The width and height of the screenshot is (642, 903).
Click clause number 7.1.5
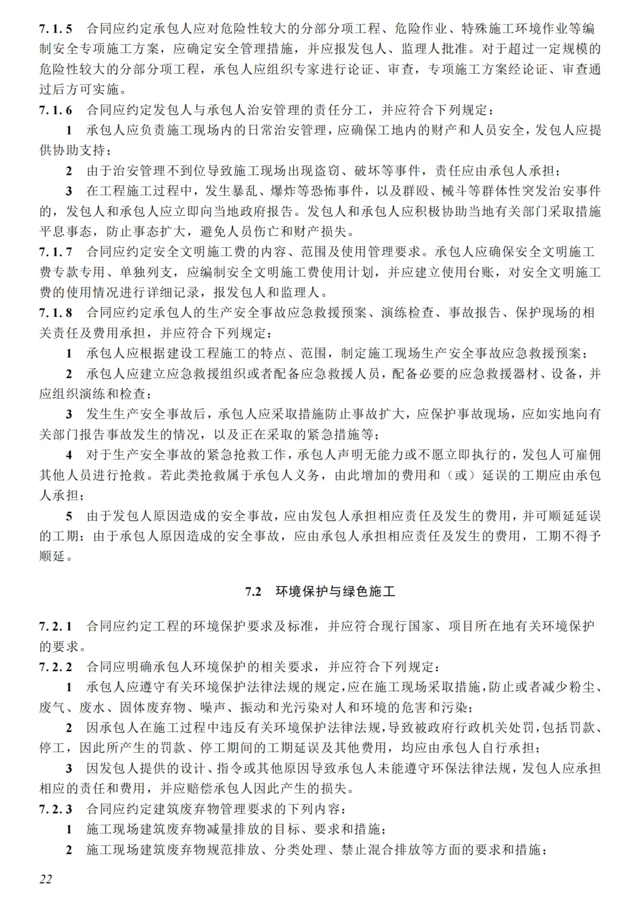coord(56,29)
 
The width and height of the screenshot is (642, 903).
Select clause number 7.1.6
coord(56,110)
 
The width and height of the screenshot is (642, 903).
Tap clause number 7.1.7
coord(56,252)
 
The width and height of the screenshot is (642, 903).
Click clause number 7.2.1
coord(56,626)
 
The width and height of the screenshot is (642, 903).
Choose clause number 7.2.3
coord(56,809)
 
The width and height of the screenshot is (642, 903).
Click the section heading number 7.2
coord(254,591)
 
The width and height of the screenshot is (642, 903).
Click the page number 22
coord(46,879)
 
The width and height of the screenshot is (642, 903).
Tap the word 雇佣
coord(587,455)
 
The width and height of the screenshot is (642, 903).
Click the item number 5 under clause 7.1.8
coord(69,516)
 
